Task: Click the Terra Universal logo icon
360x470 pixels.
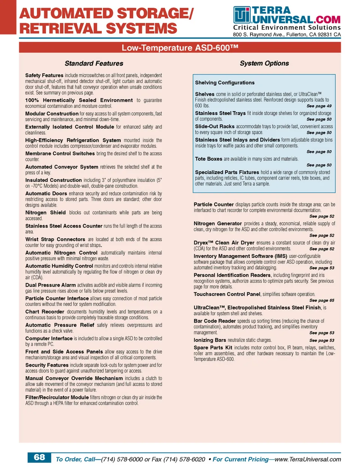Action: [242, 15]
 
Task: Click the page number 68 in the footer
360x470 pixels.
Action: [39, 457]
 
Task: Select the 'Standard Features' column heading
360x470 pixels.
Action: [94, 63]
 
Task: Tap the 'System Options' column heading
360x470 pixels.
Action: [264, 63]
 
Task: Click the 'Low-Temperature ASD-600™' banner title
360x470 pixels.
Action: [180, 48]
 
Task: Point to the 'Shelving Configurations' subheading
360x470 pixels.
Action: [225, 83]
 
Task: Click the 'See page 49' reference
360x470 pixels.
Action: [319, 106]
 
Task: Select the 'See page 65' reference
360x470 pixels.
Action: [322, 300]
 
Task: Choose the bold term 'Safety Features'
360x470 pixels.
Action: [44, 75]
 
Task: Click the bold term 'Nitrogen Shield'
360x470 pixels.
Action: [45, 212]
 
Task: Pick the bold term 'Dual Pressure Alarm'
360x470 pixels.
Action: [51, 285]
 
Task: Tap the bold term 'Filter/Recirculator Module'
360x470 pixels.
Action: [57, 397]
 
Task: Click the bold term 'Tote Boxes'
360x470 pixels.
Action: [208, 159]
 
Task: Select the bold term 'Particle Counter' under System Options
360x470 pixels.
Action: [214, 205]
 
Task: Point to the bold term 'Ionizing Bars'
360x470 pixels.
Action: [210, 340]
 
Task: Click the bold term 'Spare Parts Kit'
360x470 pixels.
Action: [213, 348]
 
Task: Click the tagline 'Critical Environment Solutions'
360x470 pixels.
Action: [287, 27]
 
